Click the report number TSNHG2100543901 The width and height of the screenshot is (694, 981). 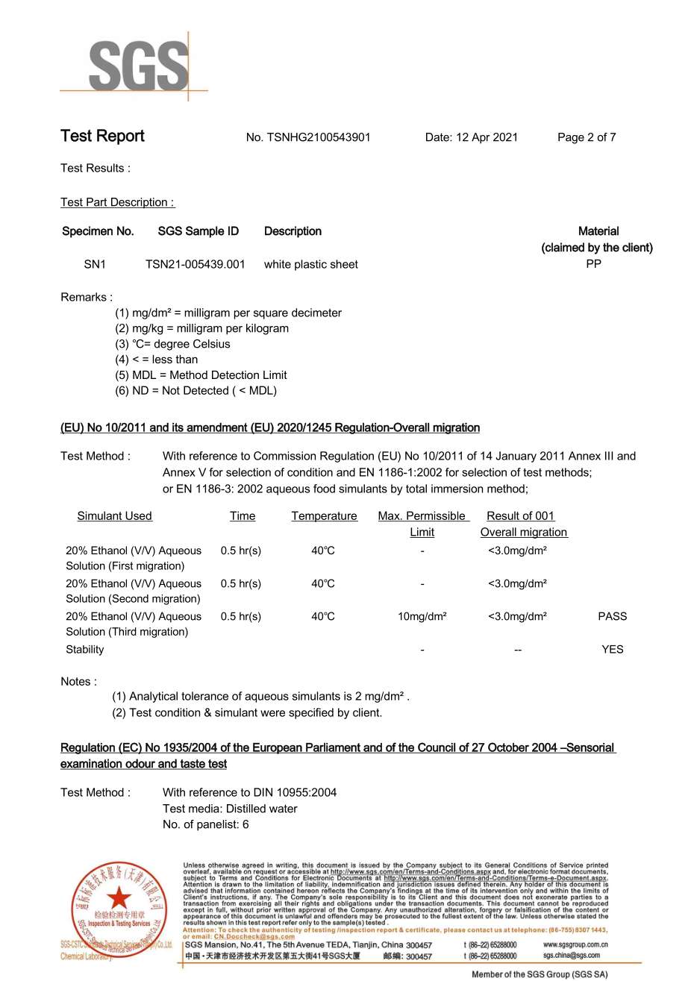pyautogui.click(x=319, y=137)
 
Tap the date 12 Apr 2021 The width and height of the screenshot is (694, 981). pyautogui.click(x=487, y=137)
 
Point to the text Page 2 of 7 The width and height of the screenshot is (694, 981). pyautogui.click(x=587, y=137)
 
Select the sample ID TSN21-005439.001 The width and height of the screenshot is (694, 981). pyautogui.click(x=195, y=264)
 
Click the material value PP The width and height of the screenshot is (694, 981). pyautogui.click(x=593, y=264)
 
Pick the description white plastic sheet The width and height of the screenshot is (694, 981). pyautogui.click(x=310, y=264)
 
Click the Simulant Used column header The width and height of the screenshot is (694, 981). pyautogui.click(x=114, y=516)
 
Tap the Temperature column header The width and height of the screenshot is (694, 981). pyautogui.click(x=324, y=516)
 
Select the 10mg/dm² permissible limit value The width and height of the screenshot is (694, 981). pyautogui.click(x=422, y=617)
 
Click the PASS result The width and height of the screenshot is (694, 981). pyautogui.click(x=612, y=617)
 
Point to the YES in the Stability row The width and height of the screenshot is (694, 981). pyautogui.click(x=612, y=650)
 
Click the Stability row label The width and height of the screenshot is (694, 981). pyautogui.click(x=85, y=650)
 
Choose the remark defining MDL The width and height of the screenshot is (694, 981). pyautogui.click(x=201, y=375)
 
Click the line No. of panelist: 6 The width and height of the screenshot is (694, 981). pyautogui.click(x=206, y=825)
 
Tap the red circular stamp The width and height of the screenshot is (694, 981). pyautogui.click(x=115, y=909)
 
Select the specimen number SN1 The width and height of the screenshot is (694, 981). pyautogui.click(x=95, y=264)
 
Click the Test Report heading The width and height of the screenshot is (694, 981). pyautogui.click(x=103, y=137)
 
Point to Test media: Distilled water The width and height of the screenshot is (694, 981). pyautogui.click(x=230, y=809)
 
